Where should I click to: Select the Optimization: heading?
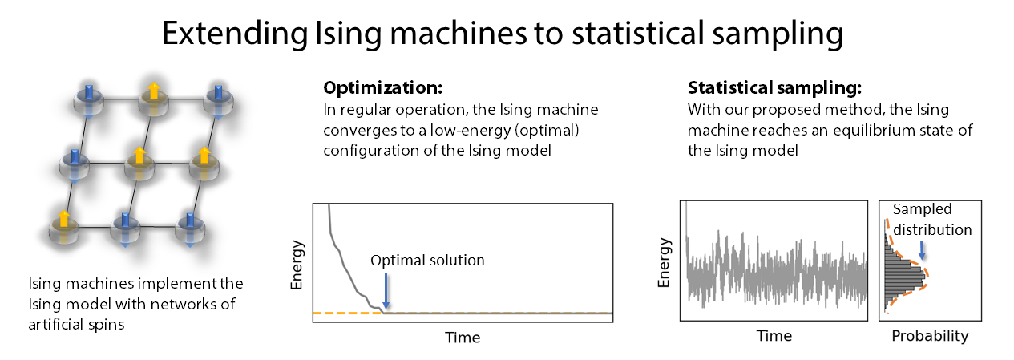pos(382,88)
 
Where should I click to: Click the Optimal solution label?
pos(427,261)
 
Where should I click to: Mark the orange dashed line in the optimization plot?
pos(345,313)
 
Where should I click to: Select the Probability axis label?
pos(930,336)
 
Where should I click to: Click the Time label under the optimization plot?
pos(463,338)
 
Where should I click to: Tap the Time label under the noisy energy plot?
pos(774,336)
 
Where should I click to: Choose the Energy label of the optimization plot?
pos(297,265)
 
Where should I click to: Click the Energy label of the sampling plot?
pos(664,265)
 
